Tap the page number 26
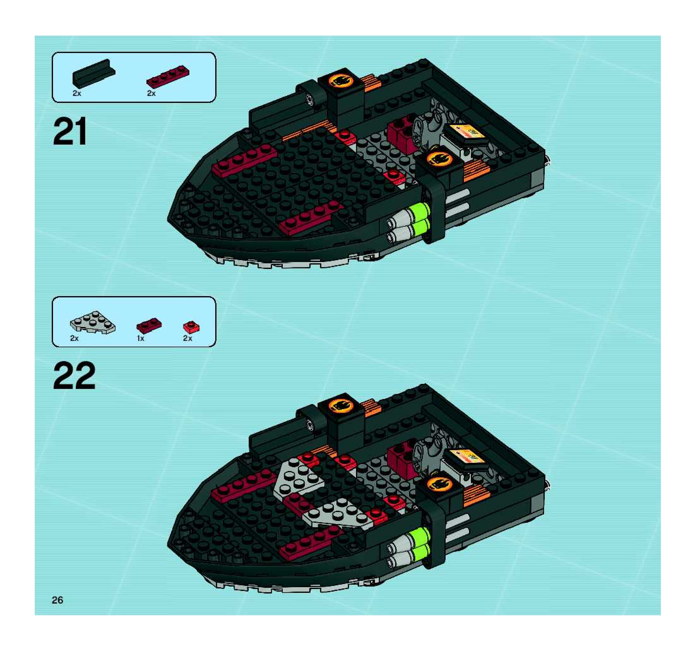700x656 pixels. (57, 600)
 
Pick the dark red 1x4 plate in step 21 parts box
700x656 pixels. (168, 76)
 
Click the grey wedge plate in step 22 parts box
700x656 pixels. (92, 322)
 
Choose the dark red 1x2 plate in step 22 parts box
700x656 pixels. (149, 325)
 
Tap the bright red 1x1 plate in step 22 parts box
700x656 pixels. (191, 327)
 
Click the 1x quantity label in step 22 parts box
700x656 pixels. (140, 338)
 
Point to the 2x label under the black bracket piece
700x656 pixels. (77, 93)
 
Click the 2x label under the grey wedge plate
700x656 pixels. (74, 338)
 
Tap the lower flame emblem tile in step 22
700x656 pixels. (439, 485)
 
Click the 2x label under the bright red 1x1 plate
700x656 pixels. (188, 338)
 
